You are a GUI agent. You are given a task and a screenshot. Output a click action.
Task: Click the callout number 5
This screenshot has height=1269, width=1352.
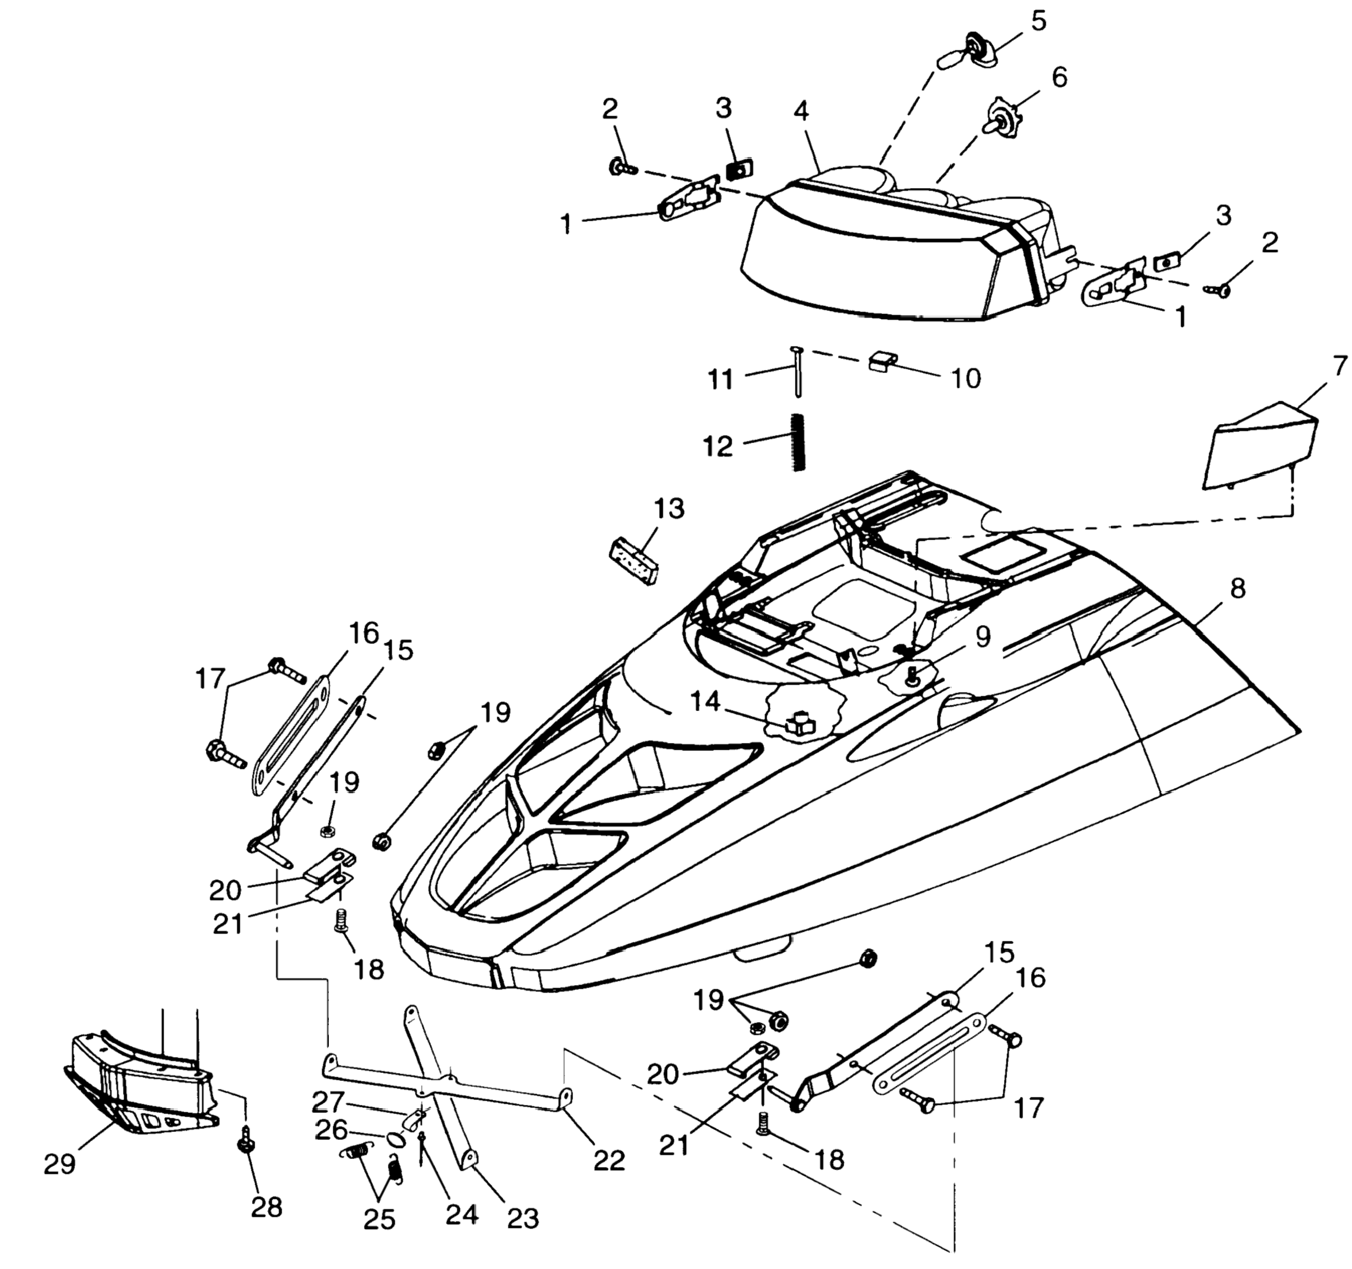tap(1038, 21)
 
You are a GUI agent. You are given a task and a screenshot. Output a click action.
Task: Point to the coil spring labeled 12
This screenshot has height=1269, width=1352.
tap(799, 441)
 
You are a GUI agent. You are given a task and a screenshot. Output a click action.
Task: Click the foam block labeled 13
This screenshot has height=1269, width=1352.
tap(633, 560)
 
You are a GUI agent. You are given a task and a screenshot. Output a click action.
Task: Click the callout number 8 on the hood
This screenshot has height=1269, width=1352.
tap(1238, 589)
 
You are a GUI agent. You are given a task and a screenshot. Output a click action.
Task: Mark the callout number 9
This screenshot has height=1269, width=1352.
tap(982, 637)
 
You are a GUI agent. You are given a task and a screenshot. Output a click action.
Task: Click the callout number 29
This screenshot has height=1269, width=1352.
tap(59, 1165)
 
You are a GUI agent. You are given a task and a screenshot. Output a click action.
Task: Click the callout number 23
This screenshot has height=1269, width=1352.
tap(523, 1218)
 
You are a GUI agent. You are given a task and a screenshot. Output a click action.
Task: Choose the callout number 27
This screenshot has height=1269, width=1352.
tap(328, 1102)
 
